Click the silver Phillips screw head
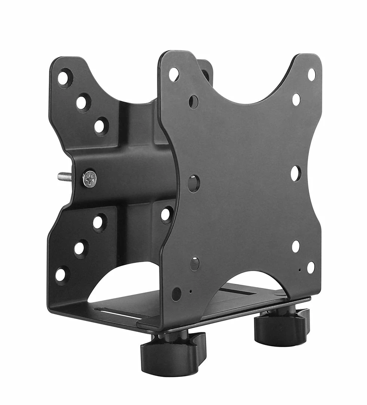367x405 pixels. point(89,179)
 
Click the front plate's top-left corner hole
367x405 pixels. point(174,74)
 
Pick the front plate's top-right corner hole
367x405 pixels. point(311,74)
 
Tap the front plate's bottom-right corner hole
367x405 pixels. point(311,267)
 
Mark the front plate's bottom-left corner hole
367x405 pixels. point(176,294)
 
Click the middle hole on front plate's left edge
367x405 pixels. point(194,183)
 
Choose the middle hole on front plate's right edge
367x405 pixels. point(296,173)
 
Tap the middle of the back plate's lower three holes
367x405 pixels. point(80,248)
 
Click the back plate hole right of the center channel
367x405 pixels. point(166,214)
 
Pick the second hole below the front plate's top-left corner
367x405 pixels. point(193,101)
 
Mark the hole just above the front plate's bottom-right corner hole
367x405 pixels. point(296,246)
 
